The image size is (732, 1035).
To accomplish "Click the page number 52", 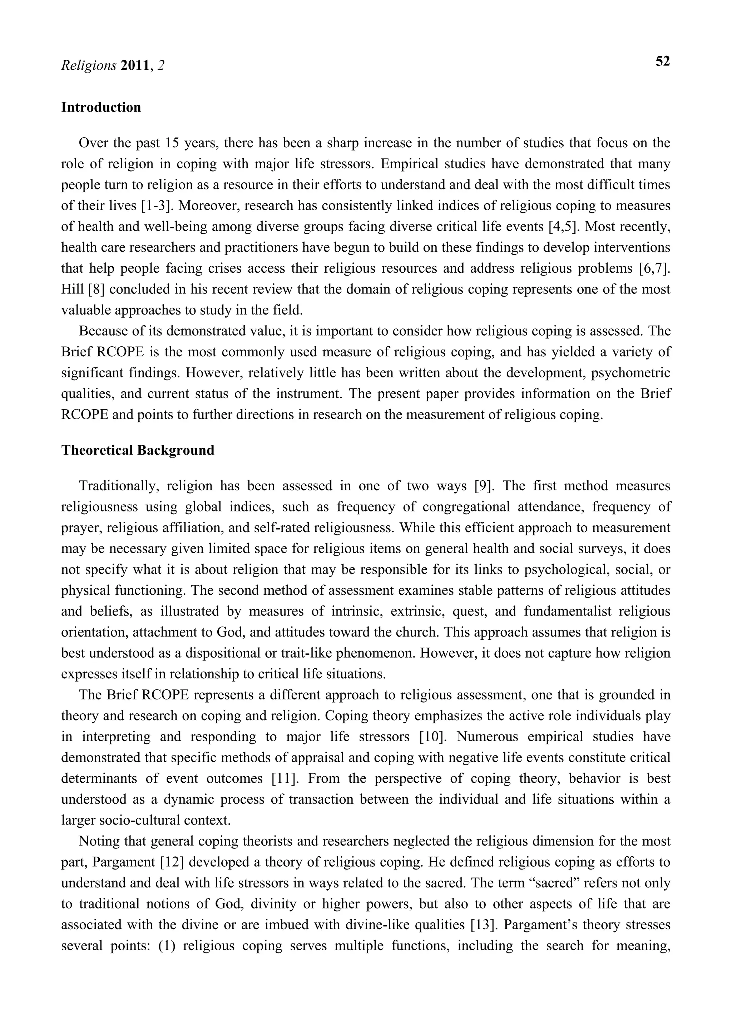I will pos(662,62).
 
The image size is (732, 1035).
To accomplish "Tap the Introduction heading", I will pos(101,108).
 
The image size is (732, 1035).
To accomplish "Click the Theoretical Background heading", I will pos(138,450).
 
